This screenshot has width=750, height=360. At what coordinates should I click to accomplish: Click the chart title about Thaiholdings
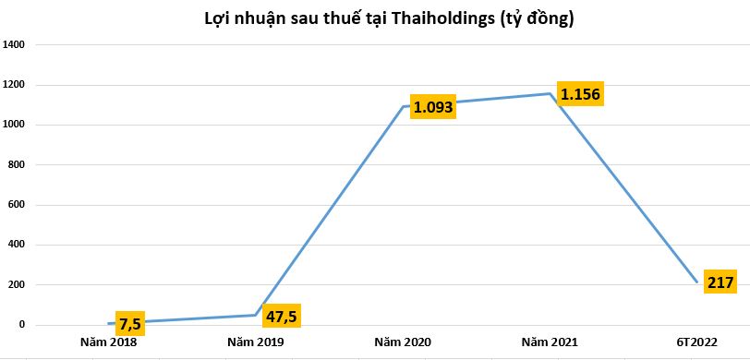tap(376, 18)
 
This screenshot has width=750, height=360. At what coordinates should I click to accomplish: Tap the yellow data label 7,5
tap(129, 324)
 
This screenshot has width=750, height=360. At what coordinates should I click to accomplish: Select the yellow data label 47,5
tap(283, 316)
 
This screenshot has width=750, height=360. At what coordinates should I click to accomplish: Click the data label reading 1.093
tap(434, 107)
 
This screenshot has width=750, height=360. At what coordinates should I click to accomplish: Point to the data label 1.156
tap(580, 95)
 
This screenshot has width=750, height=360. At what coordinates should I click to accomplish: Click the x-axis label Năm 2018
tap(109, 342)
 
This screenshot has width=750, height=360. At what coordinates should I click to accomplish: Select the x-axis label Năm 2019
tap(256, 342)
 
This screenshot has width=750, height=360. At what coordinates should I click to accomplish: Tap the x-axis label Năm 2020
tap(403, 342)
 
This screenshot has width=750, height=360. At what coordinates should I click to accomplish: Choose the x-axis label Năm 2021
tap(550, 342)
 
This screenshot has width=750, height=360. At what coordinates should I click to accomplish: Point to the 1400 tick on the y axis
tap(18, 44)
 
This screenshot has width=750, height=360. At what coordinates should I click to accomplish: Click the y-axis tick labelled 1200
tap(18, 85)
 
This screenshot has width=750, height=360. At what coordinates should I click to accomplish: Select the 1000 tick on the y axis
tap(18, 125)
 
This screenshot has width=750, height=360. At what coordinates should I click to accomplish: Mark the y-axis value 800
tap(21, 165)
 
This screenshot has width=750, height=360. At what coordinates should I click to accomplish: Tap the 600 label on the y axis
tap(21, 205)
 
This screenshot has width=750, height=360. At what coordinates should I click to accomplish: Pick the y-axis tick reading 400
tap(21, 246)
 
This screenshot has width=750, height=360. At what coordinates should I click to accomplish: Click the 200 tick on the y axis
tap(21, 285)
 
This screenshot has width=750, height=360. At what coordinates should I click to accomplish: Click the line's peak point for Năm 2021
tap(550, 93)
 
